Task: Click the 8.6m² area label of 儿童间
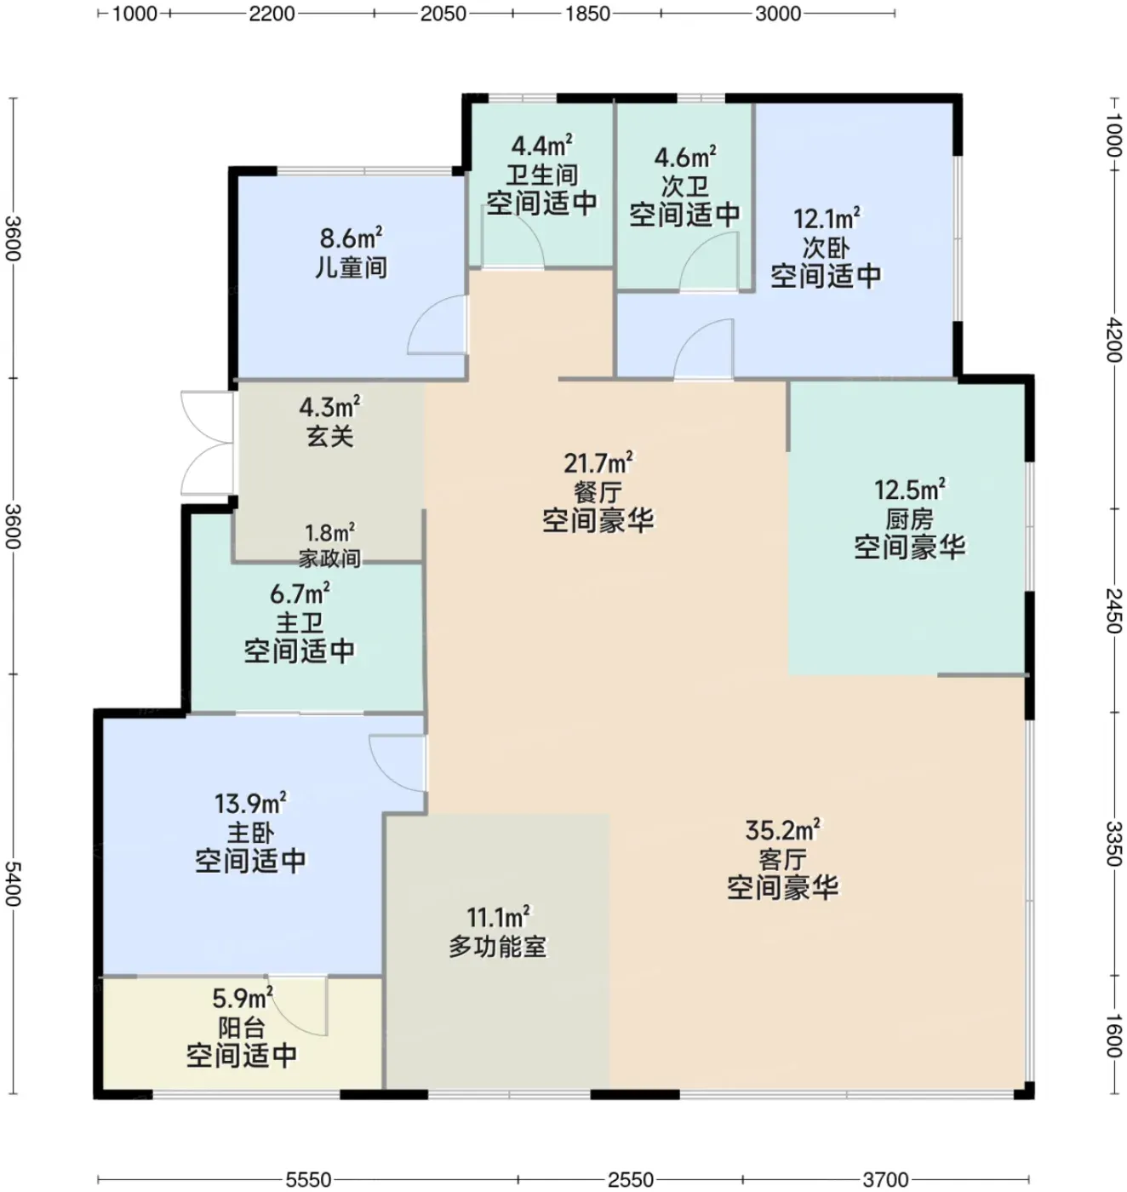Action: coord(351,238)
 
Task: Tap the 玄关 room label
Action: coord(329,436)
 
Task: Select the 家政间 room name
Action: coord(329,559)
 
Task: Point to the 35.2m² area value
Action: coord(782,829)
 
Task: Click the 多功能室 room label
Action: coord(498,947)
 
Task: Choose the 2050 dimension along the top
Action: coord(443,14)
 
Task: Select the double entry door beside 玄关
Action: coord(206,443)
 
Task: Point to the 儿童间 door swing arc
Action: coord(438,324)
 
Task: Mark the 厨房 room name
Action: coord(909,519)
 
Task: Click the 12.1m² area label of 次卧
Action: coord(827,218)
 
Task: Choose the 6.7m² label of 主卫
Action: coord(300,593)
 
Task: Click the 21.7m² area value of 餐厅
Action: coord(598,463)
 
